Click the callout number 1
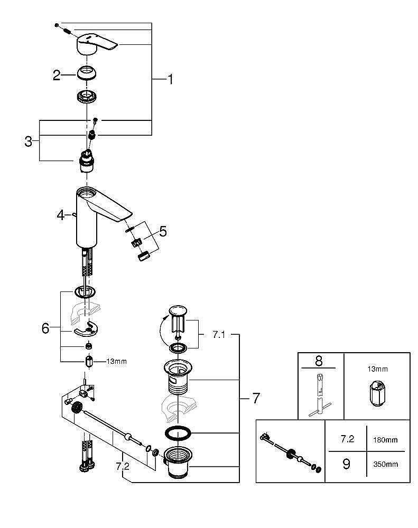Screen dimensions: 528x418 [170, 79]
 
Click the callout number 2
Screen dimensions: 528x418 [57, 76]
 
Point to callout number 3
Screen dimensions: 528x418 [29, 141]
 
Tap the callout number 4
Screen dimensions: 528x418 [61, 215]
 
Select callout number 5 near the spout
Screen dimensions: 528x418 [163, 231]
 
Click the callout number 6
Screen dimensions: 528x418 [45, 328]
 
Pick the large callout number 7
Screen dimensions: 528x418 [256, 398]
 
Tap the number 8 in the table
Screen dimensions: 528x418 [319, 361]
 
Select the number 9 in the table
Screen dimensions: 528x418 [347, 465]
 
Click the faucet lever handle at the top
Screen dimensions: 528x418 [98, 45]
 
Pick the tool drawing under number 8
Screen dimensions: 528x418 [321, 394]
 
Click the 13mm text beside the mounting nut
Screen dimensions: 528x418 [117, 362]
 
